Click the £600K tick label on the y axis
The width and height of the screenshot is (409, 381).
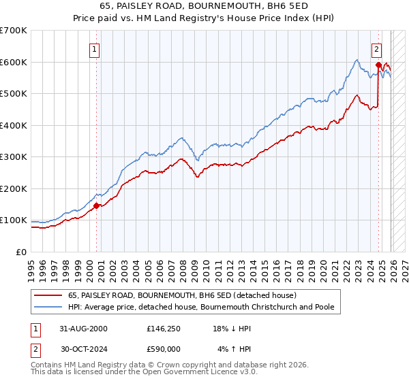tap(14, 62)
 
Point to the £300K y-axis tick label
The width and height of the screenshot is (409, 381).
tap(14, 157)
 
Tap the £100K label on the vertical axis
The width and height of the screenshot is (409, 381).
tap(14, 220)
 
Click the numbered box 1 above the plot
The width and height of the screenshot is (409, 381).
tap(95, 49)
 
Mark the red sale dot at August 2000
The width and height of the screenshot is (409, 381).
tap(97, 205)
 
